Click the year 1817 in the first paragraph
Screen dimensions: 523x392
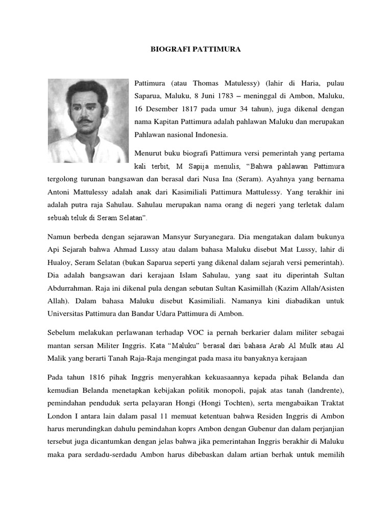click(x=184, y=109)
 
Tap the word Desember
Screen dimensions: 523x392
click(x=160, y=109)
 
